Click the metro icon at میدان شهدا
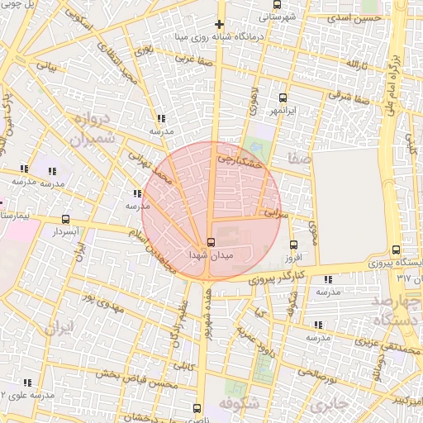pyautogui.click(x=211, y=242)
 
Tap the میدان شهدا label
pyautogui.click(x=211, y=257)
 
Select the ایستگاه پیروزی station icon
pyautogui.click(x=397, y=250)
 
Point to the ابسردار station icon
pyautogui.click(x=65, y=219)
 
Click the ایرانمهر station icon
pyautogui.click(x=283, y=97)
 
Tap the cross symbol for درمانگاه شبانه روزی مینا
pyautogui.click(x=219, y=24)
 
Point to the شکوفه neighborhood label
pyautogui.click(x=240, y=404)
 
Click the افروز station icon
pyautogui.click(x=293, y=245)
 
